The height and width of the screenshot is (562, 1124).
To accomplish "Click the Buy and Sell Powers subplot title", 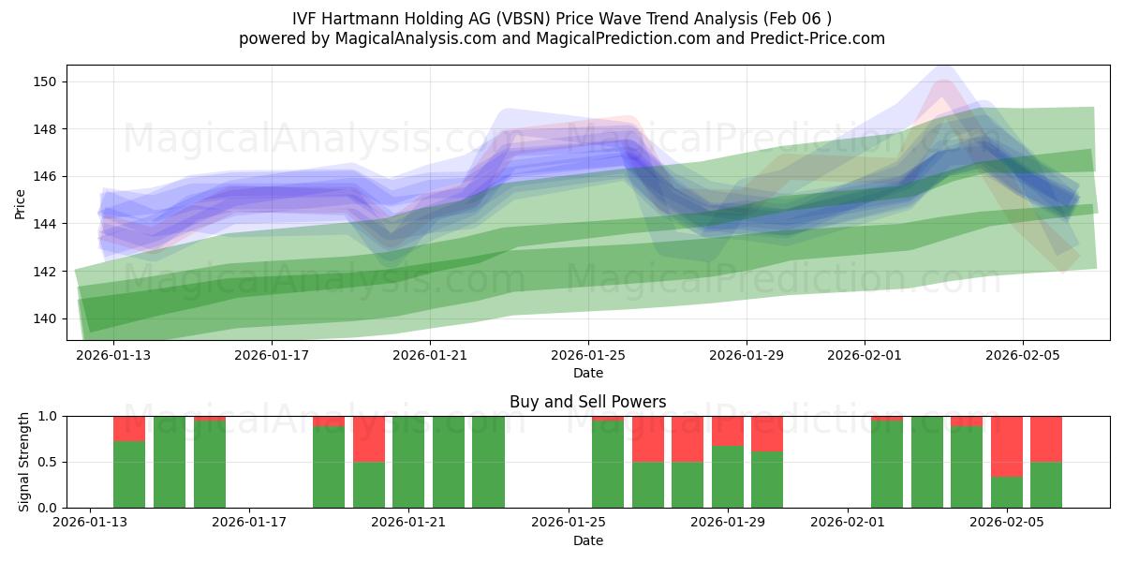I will pyautogui.click(x=587, y=402).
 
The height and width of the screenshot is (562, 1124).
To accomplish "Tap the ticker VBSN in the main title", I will pyautogui.click(x=518, y=18).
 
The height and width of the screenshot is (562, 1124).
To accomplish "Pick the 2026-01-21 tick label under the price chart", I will pyautogui.click(x=429, y=356).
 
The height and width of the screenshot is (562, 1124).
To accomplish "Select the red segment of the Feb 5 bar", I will pyautogui.click(x=1007, y=446).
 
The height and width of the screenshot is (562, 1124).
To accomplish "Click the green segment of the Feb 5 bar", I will pyautogui.click(x=1007, y=493).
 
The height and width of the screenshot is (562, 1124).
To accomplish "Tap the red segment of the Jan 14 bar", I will pyautogui.click(x=129, y=428).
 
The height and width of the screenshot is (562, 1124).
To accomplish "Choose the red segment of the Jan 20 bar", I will pyautogui.click(x=369, y=438).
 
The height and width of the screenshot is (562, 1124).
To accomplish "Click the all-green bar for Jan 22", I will pyautogui.click(x=449, y=462).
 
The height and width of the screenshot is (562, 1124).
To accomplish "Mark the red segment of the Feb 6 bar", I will pyautogui.click(x=1046, y=438).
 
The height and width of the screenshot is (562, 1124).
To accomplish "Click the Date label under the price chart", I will pyautogui.click(x=587, y=373).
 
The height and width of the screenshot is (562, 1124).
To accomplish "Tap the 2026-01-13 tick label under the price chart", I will pyautogui.click(x=113, y=356).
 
